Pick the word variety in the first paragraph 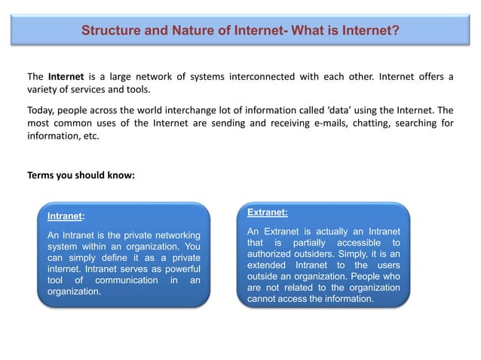click(43, 90)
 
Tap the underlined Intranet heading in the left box click(64, 217)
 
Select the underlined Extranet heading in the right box click(267, 212)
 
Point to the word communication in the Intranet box click(124, 281)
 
